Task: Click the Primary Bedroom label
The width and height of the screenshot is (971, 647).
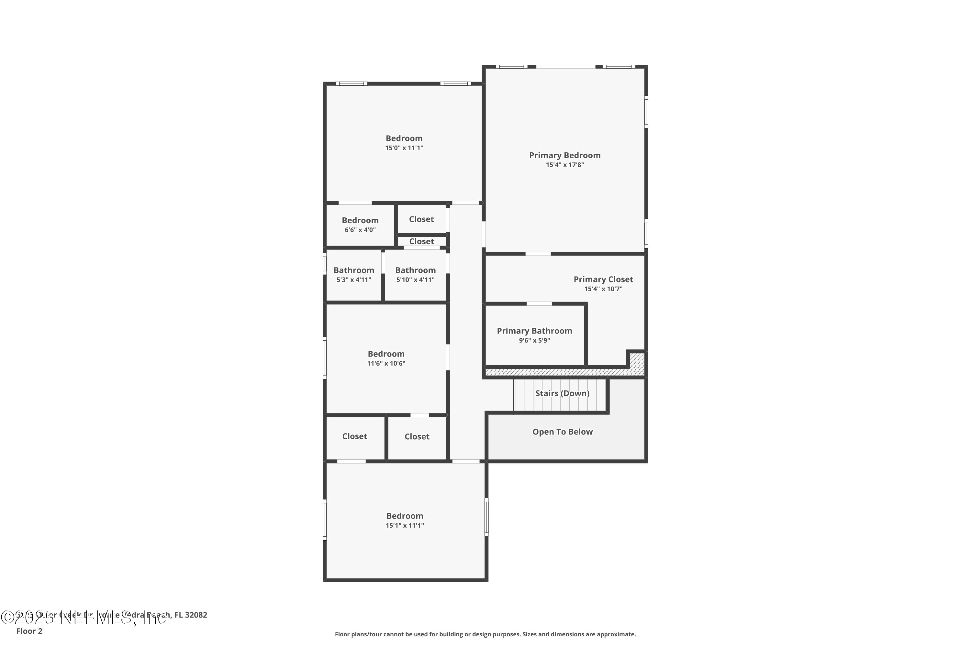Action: click(565, 156)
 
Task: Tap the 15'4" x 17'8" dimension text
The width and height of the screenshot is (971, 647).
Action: click(565, 165)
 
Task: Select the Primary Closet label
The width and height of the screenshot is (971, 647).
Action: click(603, 280)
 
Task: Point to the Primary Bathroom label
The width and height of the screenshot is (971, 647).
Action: click(534, 331)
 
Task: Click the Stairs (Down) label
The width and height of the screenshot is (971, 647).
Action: click(562, 393)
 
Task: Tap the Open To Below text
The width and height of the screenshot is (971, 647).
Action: click(562, 432)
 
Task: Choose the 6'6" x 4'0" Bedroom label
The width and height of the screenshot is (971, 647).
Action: click(360, 220)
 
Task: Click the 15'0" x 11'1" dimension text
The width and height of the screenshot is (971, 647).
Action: click(404, 148)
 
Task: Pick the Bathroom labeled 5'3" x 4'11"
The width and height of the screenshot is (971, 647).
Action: click(354, 270)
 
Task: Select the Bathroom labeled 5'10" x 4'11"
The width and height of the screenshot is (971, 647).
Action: click(415, 270)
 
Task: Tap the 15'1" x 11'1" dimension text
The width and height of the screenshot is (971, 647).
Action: click(405, 526)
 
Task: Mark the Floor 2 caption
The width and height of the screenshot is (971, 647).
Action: click(29, 631)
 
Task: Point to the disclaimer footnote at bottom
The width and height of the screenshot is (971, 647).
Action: click(485, 634)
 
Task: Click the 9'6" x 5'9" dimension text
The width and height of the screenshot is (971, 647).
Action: click(534, 340)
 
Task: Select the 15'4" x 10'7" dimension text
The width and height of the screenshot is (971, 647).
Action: click(603, 289)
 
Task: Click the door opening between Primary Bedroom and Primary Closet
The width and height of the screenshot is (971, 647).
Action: click(538, 254)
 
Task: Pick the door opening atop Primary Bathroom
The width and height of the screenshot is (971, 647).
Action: click(539, 304)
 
